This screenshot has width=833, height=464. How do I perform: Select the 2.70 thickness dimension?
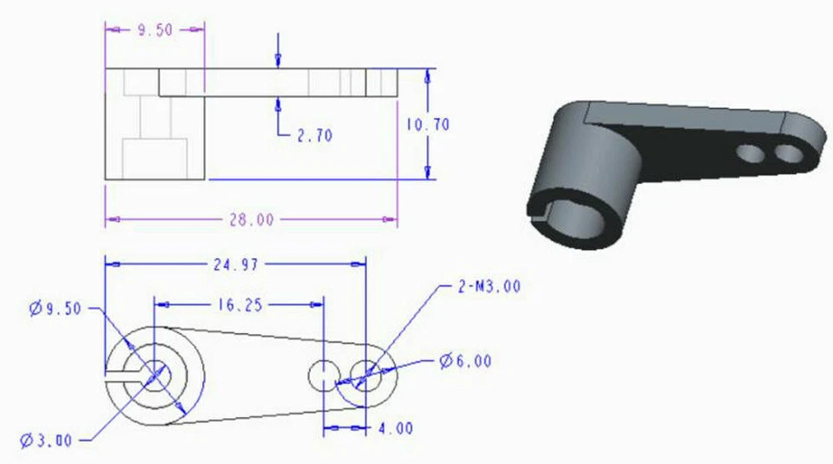[313, 135]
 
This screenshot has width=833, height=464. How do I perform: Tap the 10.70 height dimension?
[428, 125]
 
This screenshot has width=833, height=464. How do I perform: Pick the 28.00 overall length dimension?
[252, 220]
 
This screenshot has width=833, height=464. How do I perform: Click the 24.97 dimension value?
[234, 264]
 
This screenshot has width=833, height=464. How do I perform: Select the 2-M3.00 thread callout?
[489, 287]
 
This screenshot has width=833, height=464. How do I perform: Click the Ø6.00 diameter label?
[465, 361]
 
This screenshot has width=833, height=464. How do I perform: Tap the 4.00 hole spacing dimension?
[396, 428]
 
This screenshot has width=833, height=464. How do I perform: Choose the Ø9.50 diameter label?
[55, 308]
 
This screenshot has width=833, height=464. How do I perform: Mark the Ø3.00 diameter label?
[49, 441]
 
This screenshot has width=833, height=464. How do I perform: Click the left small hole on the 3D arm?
[749, 154]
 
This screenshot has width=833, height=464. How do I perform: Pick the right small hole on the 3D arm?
[789, 154]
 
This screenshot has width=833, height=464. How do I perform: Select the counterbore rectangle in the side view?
[154, 159]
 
